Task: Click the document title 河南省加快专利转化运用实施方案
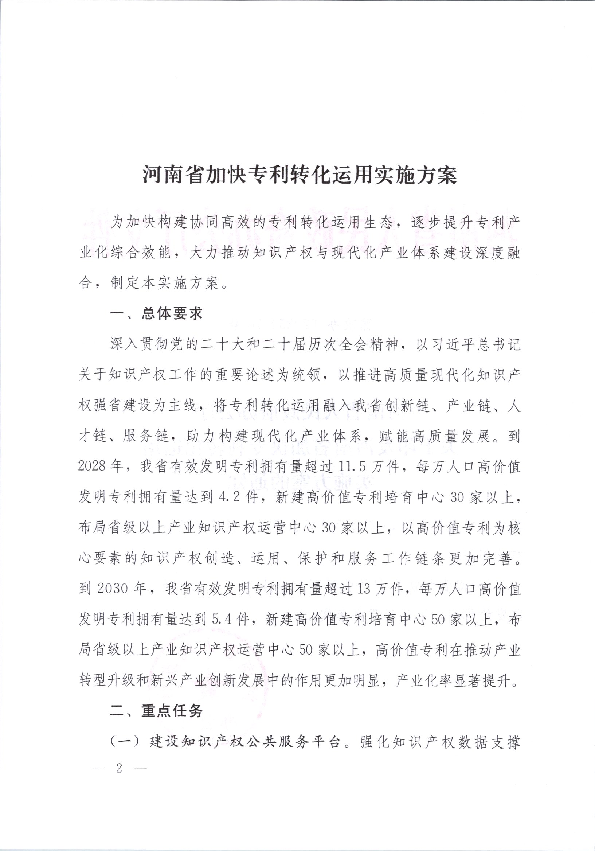click(300, 175)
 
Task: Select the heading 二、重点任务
click(156, 711)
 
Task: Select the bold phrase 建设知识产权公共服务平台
click(244, 742)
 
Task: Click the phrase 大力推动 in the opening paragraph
click(220, 253)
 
